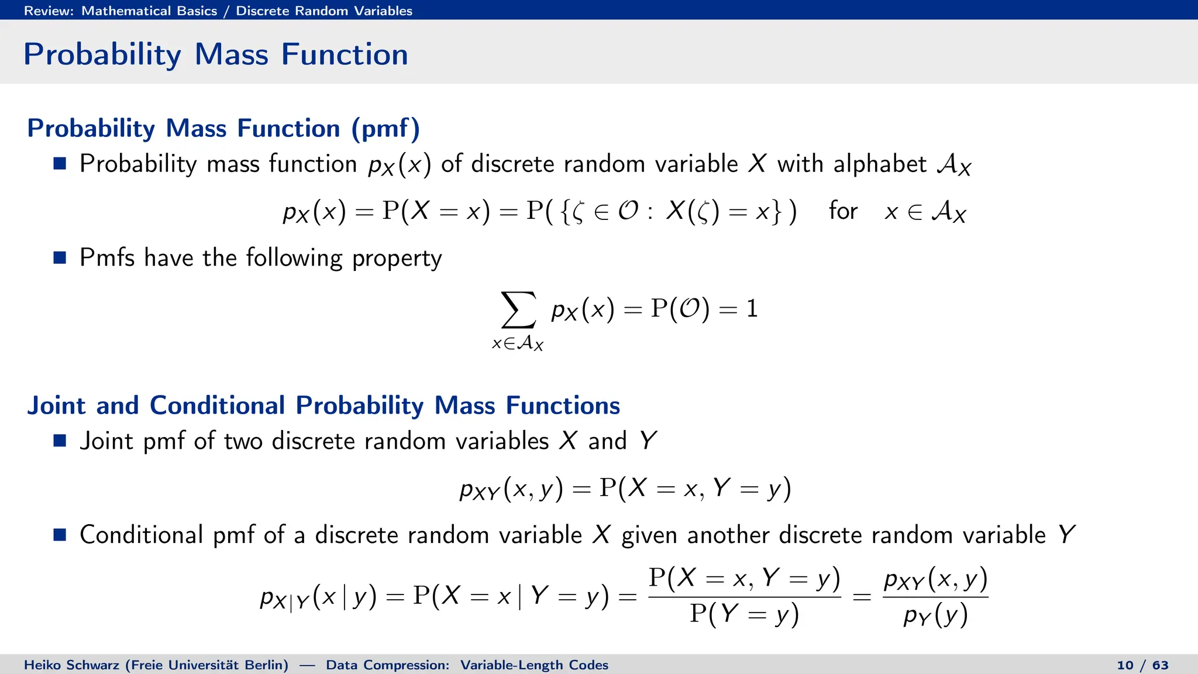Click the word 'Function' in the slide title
click(345, 54)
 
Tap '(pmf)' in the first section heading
click(385, 129)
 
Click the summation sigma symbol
click(518, 310)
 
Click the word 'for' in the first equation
click(843, 211)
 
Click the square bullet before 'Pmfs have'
click(60, 257)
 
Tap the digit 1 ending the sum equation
click(752, 308)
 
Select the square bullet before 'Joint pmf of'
click(60, 441)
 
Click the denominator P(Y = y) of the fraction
click(744, 614)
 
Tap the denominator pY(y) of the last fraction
click(935, 615)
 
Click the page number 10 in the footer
click(1125, 665)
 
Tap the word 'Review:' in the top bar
click(49, 11)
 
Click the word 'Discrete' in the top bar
click(262, 11)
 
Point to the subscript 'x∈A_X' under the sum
click(518, 343)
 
